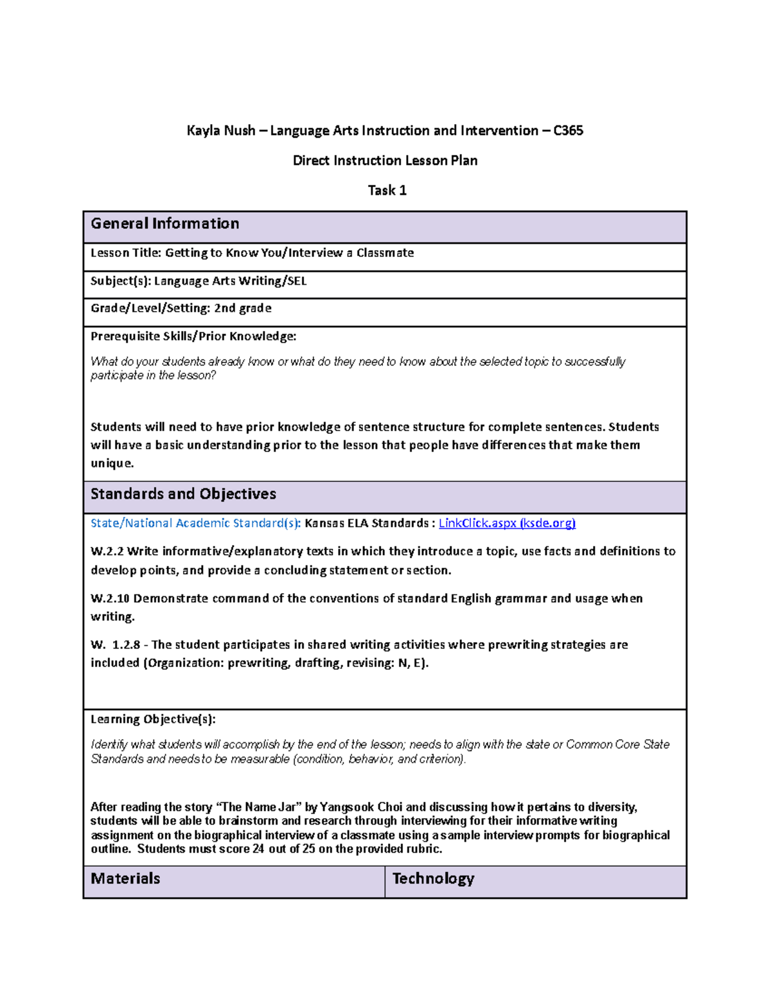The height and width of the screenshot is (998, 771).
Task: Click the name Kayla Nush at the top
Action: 220,130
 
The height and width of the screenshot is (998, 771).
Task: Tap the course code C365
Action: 568,130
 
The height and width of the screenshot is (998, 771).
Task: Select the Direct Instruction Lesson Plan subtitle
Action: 385,160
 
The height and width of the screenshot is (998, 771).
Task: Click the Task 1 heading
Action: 387,190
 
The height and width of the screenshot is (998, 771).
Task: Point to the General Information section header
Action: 165,224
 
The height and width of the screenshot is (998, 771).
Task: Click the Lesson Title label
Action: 126,253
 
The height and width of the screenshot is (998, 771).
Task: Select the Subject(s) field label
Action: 120,281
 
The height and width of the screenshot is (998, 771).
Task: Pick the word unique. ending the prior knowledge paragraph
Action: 112,463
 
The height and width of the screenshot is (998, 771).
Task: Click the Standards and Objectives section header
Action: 183,494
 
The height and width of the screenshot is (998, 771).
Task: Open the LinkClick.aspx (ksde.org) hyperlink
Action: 507,523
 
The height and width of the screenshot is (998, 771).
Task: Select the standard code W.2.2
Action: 107,551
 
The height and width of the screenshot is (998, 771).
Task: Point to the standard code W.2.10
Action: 110,598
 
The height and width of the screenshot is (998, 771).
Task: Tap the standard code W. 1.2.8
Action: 115,645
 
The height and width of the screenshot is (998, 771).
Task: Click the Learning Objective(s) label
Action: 153,719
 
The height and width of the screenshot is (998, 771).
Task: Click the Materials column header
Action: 125,878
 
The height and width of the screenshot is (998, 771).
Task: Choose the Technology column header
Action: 433,878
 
